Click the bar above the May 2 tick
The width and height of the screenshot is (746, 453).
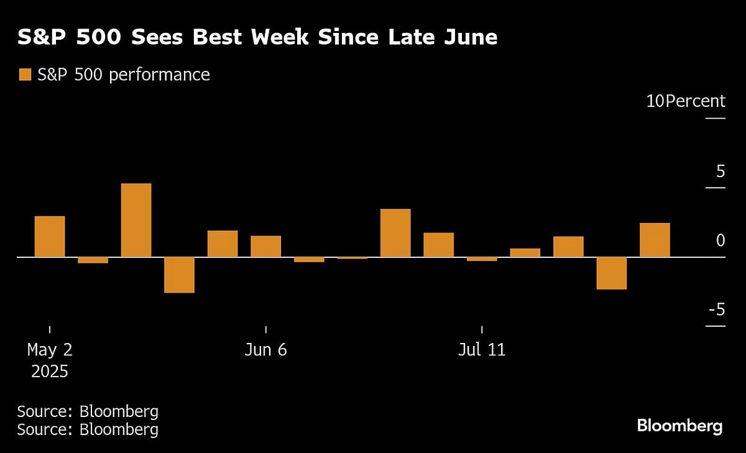[50, 237]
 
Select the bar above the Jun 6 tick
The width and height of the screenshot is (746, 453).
[266, 247]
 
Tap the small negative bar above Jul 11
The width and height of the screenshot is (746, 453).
[482, 259]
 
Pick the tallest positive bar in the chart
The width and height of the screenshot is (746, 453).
[136, 220]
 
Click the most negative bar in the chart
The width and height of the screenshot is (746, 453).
[179, 275]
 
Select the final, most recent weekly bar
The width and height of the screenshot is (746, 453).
[655, 240]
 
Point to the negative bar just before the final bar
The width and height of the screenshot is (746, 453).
[612, 273]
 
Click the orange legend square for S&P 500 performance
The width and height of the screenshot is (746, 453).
[25, 75]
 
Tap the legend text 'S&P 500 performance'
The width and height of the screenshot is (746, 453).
[123, 75]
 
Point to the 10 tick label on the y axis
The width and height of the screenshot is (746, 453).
[655, 101]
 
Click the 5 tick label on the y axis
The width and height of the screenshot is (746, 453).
[720, 171]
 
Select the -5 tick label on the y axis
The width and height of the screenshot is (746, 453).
[715, 309]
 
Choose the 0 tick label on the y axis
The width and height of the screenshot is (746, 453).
[720, 240]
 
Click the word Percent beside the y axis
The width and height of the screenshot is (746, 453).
[695, 101]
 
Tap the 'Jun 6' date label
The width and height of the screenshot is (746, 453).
[266, 350]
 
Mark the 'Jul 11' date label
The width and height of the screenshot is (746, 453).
[482, 350]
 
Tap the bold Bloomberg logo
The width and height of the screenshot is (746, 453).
[679, 426]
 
